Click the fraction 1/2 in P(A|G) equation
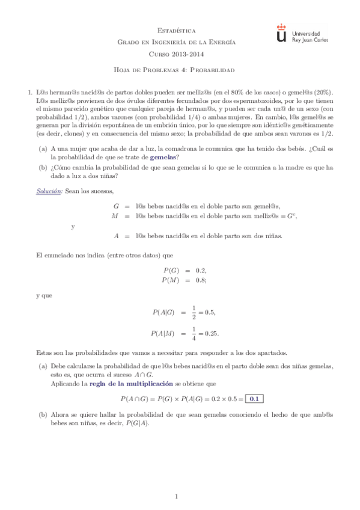pos(194,312)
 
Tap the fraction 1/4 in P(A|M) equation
pos(194,333)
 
